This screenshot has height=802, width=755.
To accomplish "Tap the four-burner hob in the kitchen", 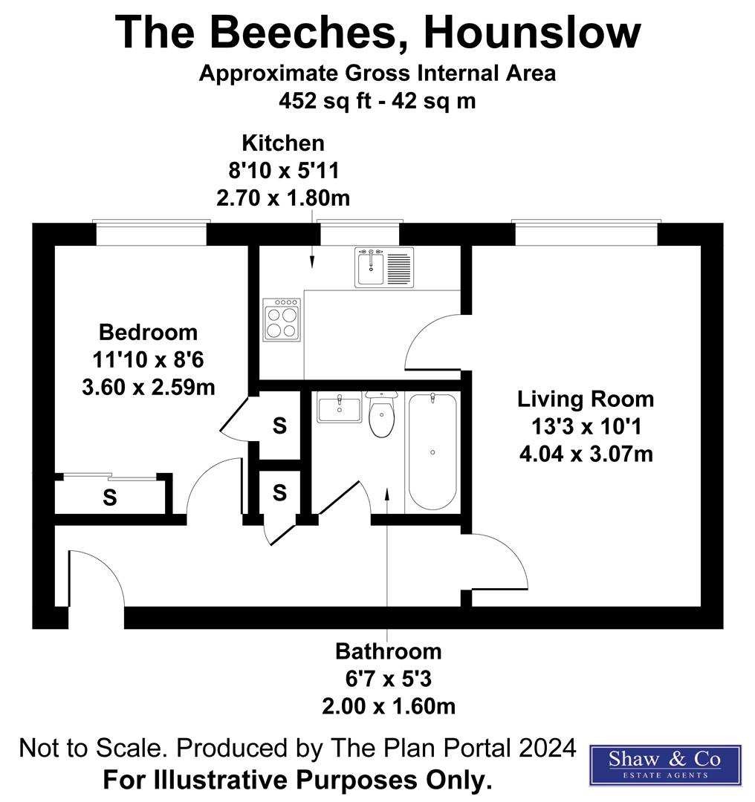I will pyautogui.click(x=282, y=320).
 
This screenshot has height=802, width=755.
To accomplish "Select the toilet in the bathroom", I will pyautogui.click(x=381, y=416).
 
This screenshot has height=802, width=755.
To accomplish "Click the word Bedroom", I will pyautogui.click(x=149, y=332).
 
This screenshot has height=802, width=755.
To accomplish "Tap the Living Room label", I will pyautogui.click(x=586, y=399).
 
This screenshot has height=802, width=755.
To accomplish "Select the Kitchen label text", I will pyautogui.click(x=283, y=143).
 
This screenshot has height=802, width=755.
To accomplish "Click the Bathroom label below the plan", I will pyautogui.click(x=388, y=651).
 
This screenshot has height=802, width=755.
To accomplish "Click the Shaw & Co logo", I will pyautogui.click(x=664, y=765).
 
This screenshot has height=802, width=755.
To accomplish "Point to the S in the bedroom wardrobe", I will pyautogui.click(x=110, y=498).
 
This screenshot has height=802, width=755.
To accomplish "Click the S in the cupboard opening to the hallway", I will pyautogui.click(x=279, y=492).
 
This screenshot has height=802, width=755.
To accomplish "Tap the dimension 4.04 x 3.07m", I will pyautogui.click(x=586, y=452).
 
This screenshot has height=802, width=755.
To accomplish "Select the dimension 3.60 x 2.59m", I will pyautogui.click(x=149, y=387).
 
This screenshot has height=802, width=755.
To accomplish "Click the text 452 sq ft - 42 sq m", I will pyautogui.click(x=377, y=100).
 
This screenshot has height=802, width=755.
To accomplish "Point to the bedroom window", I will pyautogui.click(x=151, y=232).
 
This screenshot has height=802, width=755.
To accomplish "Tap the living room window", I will pyautogui.click(x=586, y=232).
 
